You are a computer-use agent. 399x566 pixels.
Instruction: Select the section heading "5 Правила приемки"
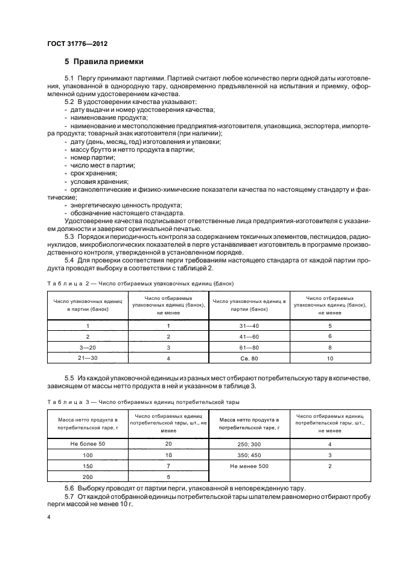click(x=103, y=62)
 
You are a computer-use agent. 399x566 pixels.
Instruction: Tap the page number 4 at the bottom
click(x=48, y=518)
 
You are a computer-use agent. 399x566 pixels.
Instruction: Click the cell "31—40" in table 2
click(x=249, y=325)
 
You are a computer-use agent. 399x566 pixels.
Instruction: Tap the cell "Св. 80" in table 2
click(x=249, y=358)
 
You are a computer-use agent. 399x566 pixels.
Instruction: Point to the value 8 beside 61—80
click(x=330, y=347)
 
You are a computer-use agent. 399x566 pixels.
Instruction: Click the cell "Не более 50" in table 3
click(x=88, y=444)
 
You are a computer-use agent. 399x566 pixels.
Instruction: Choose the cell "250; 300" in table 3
click(x=249, y=444)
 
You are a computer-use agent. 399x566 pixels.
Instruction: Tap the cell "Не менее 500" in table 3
click(x=249, y=466)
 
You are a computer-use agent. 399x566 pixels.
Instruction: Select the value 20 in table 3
click(x=168, y=444)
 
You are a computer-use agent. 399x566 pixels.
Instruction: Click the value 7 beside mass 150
click(x=168, y=466)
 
